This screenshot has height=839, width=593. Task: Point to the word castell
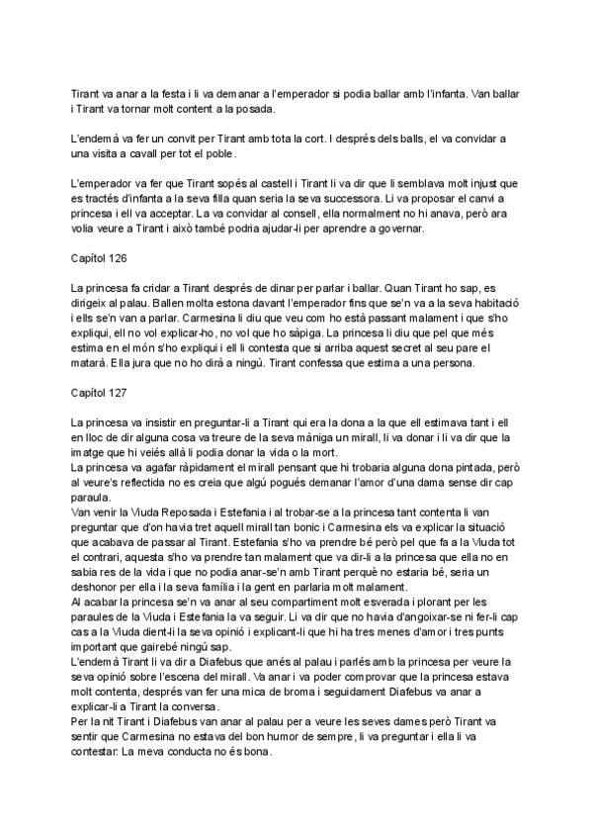click(x=251, y=185)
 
